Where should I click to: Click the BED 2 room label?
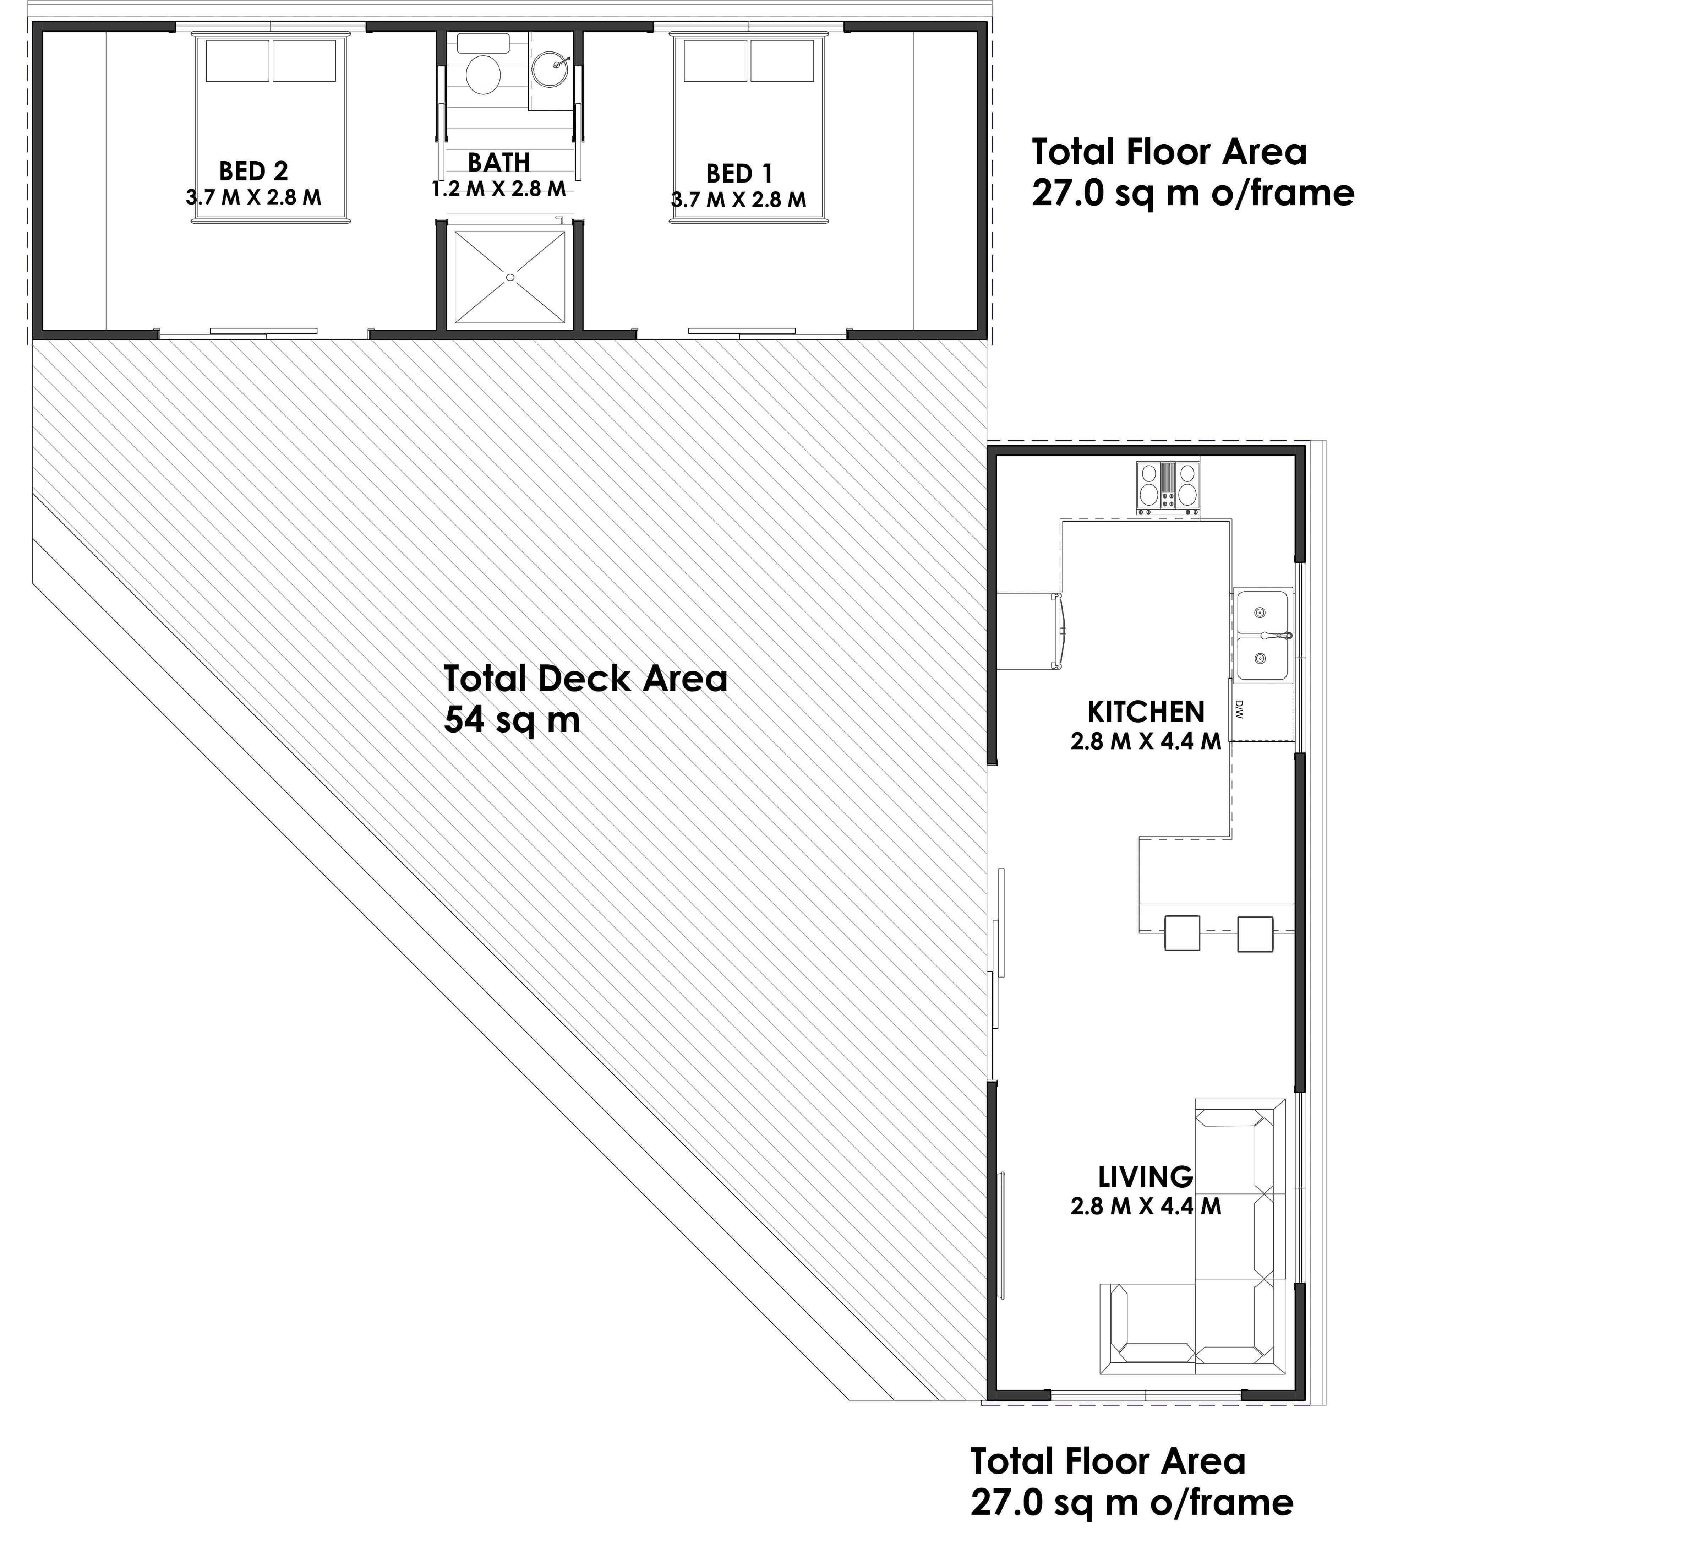pyautogui.click(x=253, y=172)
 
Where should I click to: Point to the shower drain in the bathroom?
pyautogui.click(x=510, y=277)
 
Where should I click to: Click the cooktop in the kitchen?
pyautogui.click(x=1167, y=488)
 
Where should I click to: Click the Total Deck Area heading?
pyautogui.click(x=585, y=679)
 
